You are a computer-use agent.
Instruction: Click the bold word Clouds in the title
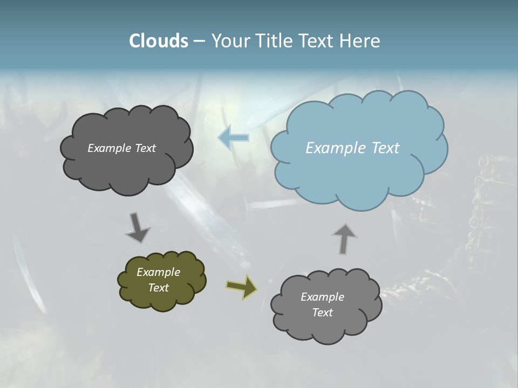(158, 41)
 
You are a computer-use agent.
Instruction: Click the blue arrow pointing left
(233, 137)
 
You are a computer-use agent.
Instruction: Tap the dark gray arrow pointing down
(137, 227)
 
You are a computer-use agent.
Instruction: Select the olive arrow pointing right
(242, 287)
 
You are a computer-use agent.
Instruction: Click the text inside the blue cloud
(352, 148)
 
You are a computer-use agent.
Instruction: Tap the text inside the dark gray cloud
(121, 148)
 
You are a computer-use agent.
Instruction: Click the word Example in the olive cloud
(158, 272)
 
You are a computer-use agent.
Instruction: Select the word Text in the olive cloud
(158, 288)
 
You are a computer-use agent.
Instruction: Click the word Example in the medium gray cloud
(322, 297)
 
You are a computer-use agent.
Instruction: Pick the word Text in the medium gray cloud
(322, 313)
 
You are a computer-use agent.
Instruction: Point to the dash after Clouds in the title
(199, 41)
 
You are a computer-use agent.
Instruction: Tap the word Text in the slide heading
(318, 41)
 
